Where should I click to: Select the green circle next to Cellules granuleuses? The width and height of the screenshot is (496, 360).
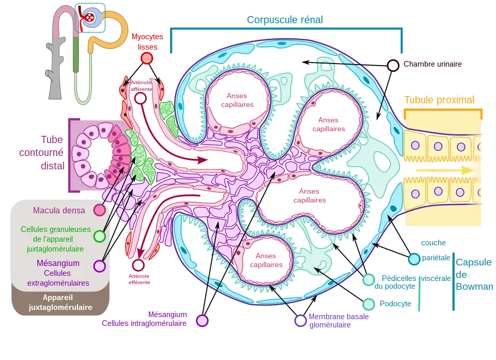tap(100, 237)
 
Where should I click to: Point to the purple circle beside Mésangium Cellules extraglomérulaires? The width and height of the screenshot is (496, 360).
tap(100, 266)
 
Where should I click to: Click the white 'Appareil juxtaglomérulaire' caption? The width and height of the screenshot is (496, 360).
tap(60, 303)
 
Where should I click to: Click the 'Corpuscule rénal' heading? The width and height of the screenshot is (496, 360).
tap(284, 20)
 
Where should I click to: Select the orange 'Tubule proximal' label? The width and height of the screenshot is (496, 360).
tap(440, 100)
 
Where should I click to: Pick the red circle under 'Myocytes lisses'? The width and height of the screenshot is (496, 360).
tap(147, 58)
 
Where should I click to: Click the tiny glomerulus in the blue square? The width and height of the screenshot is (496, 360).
tap(90, 17)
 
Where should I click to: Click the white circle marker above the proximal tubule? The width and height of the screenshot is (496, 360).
tap(393, 66)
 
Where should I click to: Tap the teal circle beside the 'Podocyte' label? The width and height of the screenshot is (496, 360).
tap(369, 303)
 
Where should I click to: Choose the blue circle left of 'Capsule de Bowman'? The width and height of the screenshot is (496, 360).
tap(414, 259)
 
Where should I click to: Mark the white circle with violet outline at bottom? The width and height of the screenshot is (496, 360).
tap(301, 321)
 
